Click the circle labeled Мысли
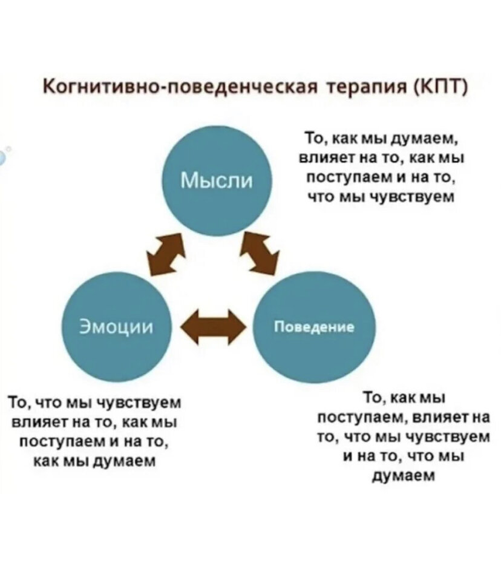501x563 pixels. [x=218, y=181]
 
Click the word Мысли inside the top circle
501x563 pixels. [x=218, y=180]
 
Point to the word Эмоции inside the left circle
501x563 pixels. [x=117, y=327]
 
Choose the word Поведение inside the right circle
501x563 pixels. [x=314, y=328]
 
